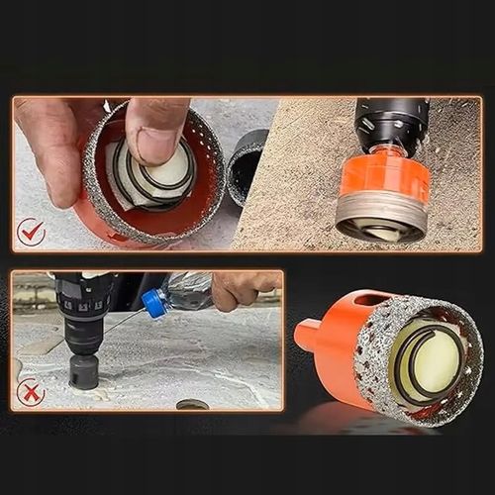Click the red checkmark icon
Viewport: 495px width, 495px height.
point(31,233)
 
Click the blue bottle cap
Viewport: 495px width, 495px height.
point(152,303)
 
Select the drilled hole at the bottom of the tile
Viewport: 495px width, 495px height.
point(192,404)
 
